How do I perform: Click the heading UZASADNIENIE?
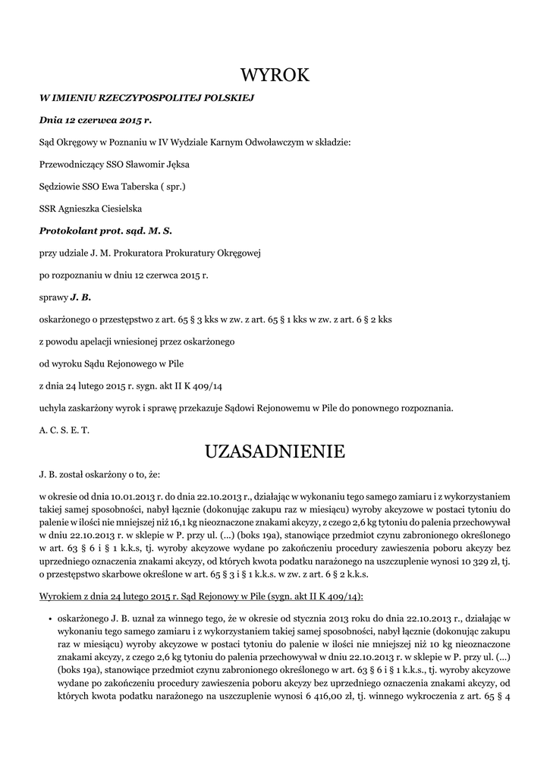(275, 451)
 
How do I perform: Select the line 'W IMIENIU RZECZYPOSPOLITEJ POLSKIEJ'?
(146, 98)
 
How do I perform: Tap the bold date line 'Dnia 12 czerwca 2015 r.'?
(96, 120)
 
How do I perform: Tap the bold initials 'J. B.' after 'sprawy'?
(81, 297)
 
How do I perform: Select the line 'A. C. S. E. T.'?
(64, 429)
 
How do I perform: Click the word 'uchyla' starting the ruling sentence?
(52, 407)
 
